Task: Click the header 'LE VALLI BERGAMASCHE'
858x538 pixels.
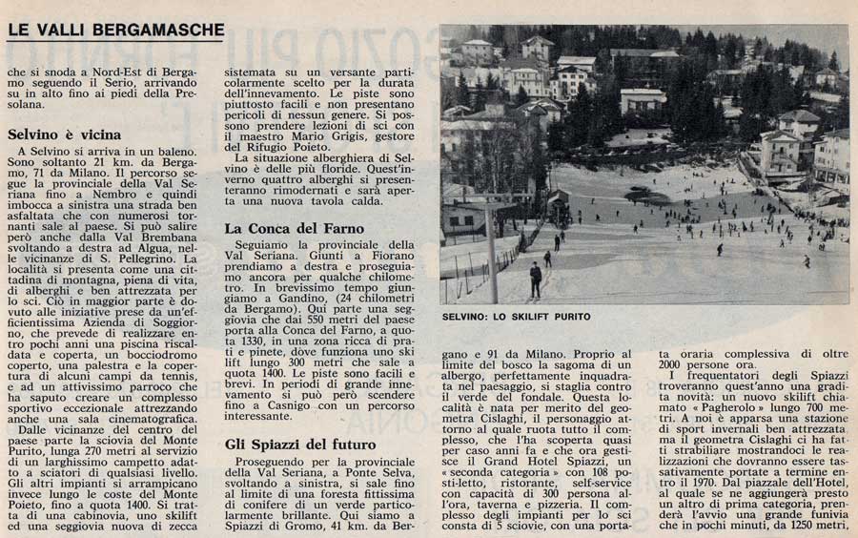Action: pos(115,31)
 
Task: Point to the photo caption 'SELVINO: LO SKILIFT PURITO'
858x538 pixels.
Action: pos(516,317)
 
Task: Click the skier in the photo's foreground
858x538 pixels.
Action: pos(536,279)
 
